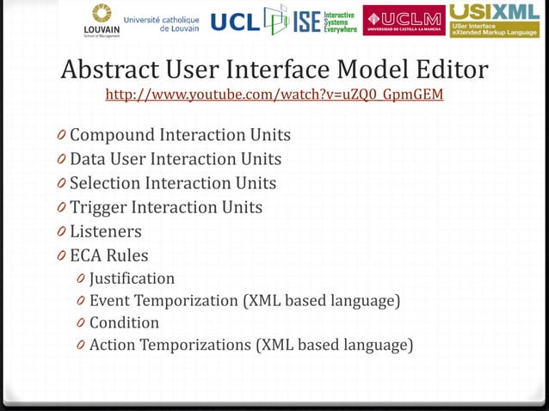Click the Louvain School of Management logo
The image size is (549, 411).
(x=101, y=20)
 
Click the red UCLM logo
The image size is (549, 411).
(x=404, y=21)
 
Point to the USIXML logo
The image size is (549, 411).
(x=494, y=20)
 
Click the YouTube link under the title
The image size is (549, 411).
(x=274, y=94)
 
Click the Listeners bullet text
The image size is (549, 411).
(x=106, y=231)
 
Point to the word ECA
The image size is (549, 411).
(x=87, y=255)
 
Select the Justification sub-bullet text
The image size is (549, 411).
(x=132, y=279)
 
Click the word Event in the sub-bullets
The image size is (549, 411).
(x=109, y=301)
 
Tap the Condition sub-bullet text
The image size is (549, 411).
(x=124, y=323)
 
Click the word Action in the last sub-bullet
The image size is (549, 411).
(x=112, y=346)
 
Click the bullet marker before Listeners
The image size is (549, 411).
(x=61, y=232)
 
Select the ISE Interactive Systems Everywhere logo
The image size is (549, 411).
(x=316, y=21)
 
